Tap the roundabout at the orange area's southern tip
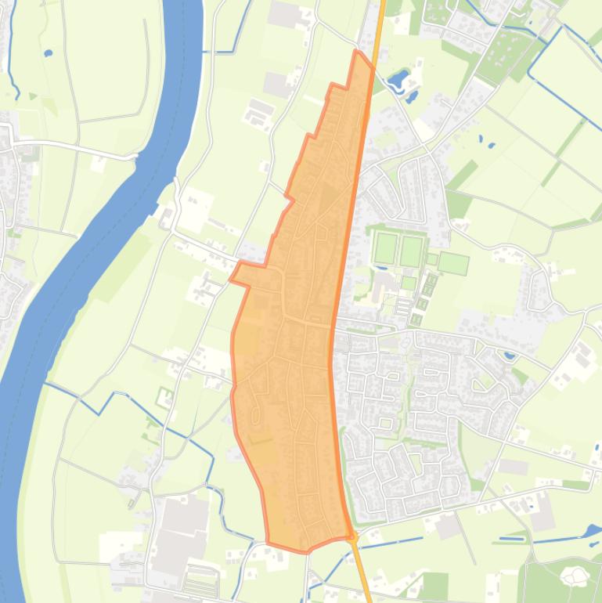353,537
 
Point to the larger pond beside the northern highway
398,78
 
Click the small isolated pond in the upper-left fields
48,54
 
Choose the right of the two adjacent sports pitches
411,251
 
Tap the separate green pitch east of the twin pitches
452,263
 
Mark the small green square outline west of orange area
164,397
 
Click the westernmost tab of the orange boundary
235,276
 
